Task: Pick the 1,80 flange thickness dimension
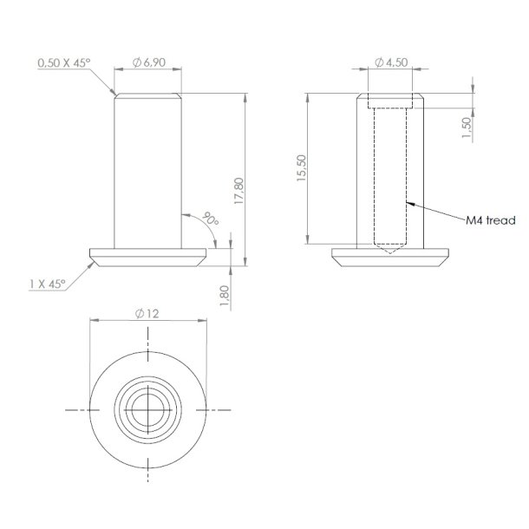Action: coord(225,294)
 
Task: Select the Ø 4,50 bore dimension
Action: coord(392,63)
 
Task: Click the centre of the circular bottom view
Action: coord(149,408)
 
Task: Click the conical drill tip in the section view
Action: coord(391,249)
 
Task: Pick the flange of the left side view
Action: coord(149,258)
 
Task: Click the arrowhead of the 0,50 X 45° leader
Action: coord(116,93)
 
